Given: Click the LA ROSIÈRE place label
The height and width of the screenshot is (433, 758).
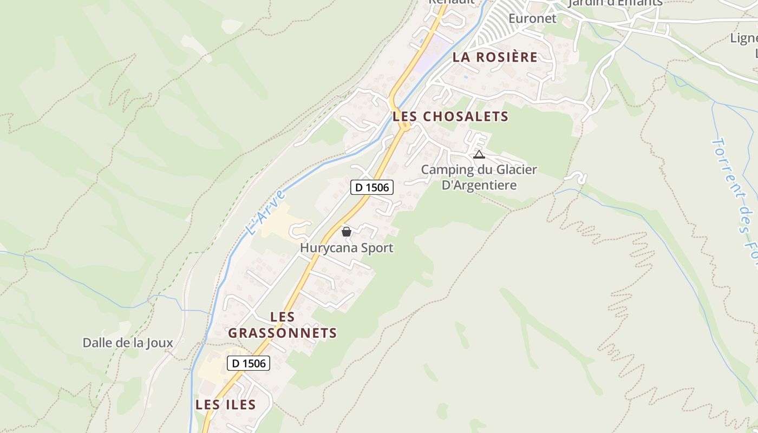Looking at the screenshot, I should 495,57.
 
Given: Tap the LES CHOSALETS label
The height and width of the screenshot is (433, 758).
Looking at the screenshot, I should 450,116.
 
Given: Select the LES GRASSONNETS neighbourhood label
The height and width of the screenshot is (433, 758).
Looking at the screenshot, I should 282,325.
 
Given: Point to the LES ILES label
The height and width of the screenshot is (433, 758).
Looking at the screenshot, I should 225,405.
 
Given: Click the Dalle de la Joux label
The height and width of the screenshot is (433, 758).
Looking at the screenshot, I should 128,343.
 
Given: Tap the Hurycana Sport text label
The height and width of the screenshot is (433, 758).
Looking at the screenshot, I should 347,248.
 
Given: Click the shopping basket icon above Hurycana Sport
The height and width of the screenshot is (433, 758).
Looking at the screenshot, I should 347,232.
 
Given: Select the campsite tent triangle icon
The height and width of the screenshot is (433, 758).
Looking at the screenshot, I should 479,155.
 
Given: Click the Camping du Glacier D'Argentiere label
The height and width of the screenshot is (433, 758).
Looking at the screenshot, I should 479,178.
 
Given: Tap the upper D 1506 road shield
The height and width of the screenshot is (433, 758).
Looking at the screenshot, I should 371,187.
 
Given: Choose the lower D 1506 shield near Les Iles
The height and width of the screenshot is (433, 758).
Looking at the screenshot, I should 249,363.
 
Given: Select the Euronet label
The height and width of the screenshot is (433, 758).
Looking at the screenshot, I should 532,18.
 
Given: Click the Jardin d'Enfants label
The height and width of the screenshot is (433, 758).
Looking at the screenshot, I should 615,3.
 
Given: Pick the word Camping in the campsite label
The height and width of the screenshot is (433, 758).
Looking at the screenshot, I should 445,169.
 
